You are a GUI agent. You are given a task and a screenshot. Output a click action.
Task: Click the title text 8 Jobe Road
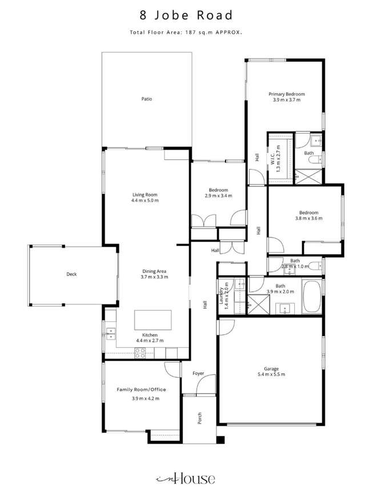(182, 15)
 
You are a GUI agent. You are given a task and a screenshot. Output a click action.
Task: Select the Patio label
(147, 99)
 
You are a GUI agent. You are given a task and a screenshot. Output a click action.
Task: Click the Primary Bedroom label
(287, 94)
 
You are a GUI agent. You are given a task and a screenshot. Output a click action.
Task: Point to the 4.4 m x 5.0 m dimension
(145, 200)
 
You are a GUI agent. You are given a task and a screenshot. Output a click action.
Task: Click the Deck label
(71, 274)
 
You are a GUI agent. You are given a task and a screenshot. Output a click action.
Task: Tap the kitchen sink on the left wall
(110, 331)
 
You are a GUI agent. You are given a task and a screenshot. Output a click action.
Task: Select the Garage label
(271, 368)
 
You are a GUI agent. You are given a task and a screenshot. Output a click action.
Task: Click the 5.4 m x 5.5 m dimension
(271, 375)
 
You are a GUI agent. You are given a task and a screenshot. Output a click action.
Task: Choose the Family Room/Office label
(142, 389)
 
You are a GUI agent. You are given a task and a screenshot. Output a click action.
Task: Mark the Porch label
(200, 418)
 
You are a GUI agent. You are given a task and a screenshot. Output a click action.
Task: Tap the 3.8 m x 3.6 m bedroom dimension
(308, 218)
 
